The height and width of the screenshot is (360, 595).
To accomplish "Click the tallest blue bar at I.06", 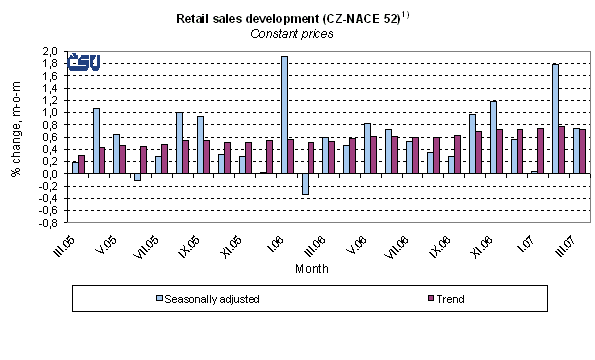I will click(284, 115).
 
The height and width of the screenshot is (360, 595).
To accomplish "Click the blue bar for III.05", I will click(75, 168).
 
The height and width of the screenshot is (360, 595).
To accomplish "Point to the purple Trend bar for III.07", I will click(582, 152).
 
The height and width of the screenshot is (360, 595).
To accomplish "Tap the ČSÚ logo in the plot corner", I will click(81, 62).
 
